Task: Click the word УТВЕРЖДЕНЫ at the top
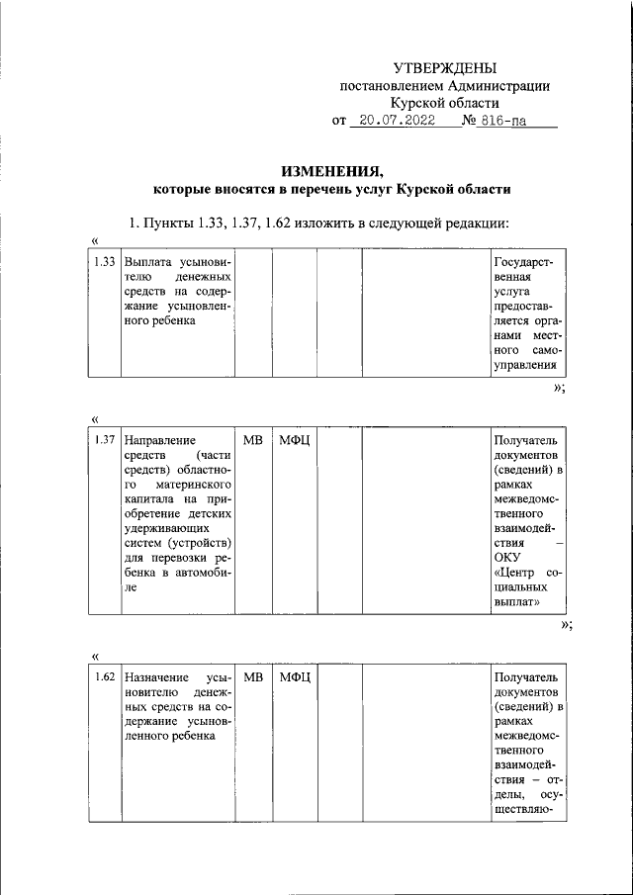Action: point(444,67)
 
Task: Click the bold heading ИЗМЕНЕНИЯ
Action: point(331,169)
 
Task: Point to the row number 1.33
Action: point(105,262)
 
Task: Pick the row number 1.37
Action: point(105,440)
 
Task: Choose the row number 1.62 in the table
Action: point(105,677)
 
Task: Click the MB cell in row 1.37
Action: point(253,440)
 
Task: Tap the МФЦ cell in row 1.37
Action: point(294,440)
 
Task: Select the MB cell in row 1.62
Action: point(253,677)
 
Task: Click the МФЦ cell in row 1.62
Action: point(294,677)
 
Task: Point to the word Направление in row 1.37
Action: point(161,440)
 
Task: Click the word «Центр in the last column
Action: point(513,574)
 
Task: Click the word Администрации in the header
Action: point(497,86)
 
